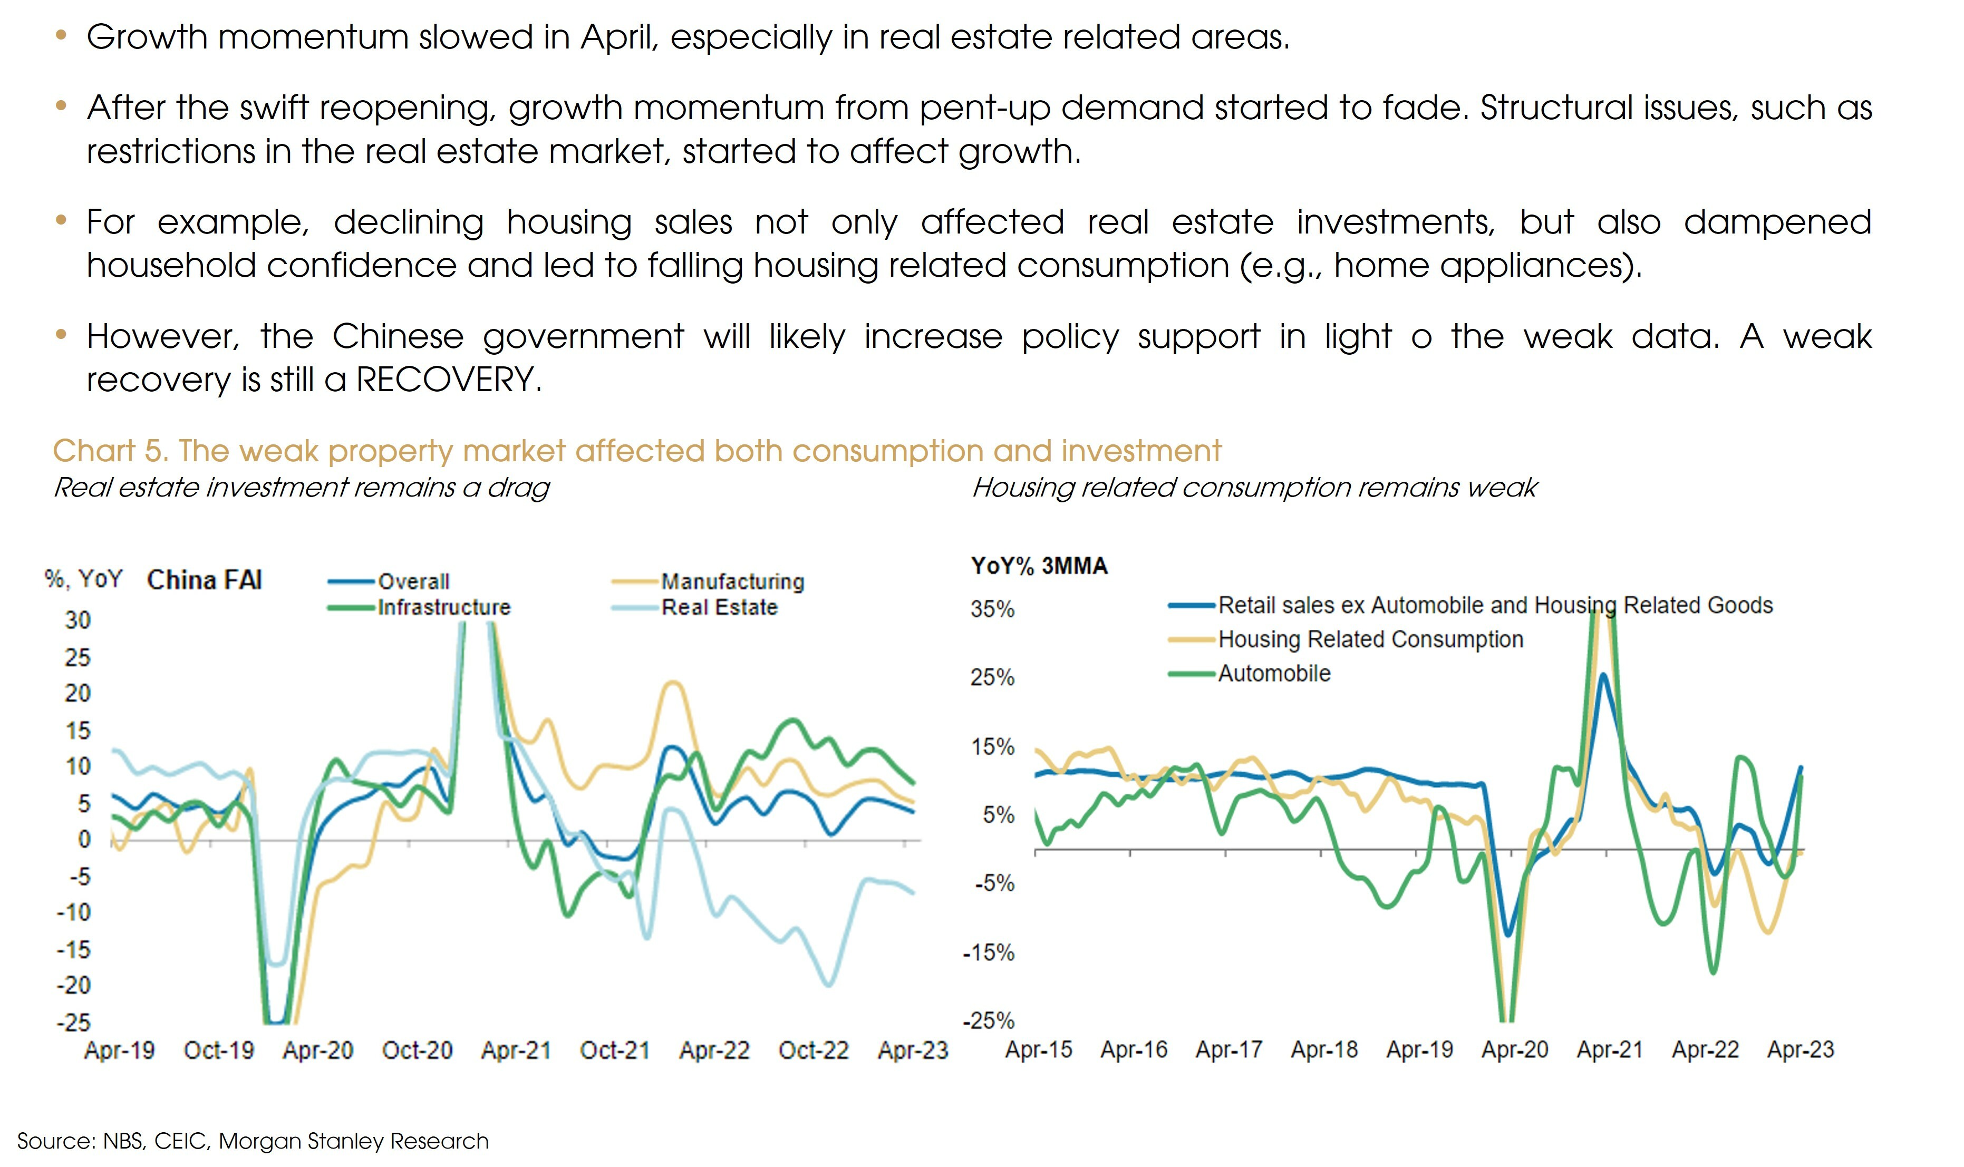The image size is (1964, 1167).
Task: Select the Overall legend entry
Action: [x=413, y=582]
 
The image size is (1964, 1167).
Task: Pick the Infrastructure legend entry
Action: [x=443, y=608]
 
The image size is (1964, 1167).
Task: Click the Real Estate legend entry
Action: [x=719, y=608]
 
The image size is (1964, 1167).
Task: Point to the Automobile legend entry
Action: [x=1273, y=674]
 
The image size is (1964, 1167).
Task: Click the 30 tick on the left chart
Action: [x=78, y=620]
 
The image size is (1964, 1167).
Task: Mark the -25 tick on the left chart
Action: [x=73, y=1022]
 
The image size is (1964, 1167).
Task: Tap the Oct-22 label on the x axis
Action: [x=814, y=1051]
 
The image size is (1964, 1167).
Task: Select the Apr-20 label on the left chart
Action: [x=318, y=1051]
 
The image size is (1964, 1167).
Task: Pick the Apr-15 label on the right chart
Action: [x=1038, y=1050]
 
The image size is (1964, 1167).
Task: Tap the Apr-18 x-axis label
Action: [x=1324, y=1050]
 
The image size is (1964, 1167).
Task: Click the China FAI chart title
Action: [x=204, y=580]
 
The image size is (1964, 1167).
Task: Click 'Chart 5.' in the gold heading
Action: [x=109, y=451]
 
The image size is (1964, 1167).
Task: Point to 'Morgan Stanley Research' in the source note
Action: [x=353, y=1141]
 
